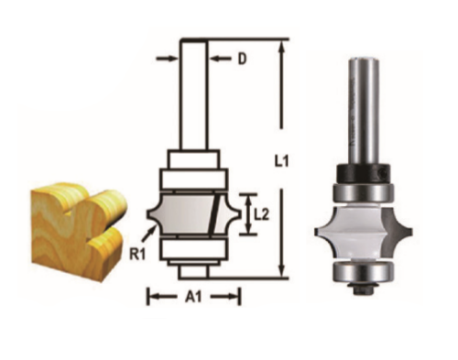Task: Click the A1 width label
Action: (x=193, y=297)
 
